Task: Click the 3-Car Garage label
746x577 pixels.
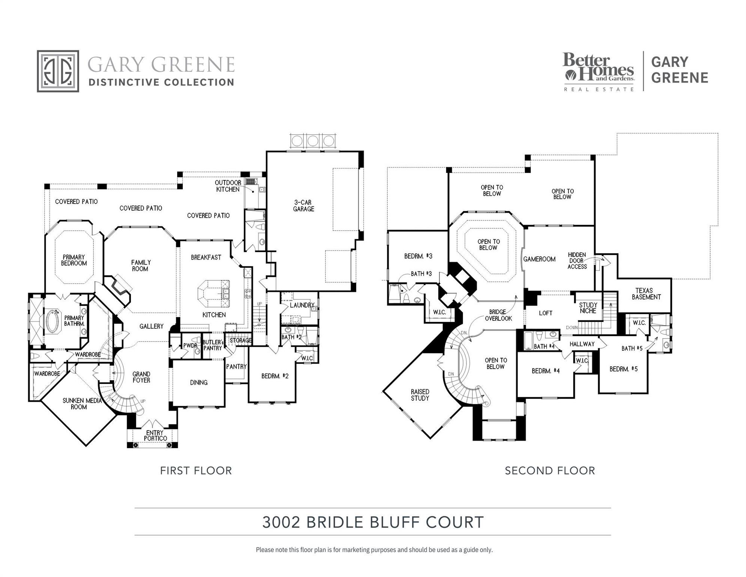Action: point(303,205)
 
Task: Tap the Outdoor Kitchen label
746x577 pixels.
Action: point(228,186)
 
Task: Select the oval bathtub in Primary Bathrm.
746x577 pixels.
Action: point(53,321)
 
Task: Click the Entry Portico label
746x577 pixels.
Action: point(155,436)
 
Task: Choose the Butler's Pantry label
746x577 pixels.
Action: point(213,345)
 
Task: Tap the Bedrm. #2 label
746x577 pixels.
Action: point(275,376)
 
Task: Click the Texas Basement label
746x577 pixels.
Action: point(646,294)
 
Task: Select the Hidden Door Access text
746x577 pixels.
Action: point(577,261)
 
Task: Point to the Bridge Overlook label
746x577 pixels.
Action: point(498,315)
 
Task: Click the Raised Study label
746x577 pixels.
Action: point(420,395)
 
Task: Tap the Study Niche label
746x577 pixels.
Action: point(588,308)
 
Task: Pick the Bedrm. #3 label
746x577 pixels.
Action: point(418,256)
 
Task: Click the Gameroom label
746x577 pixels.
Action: point(539,259)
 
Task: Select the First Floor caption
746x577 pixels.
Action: point(196,471)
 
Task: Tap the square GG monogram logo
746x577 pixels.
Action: point(58,71)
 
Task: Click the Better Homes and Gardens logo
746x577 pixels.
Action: point(598,71)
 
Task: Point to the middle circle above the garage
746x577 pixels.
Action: point(313,141)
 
